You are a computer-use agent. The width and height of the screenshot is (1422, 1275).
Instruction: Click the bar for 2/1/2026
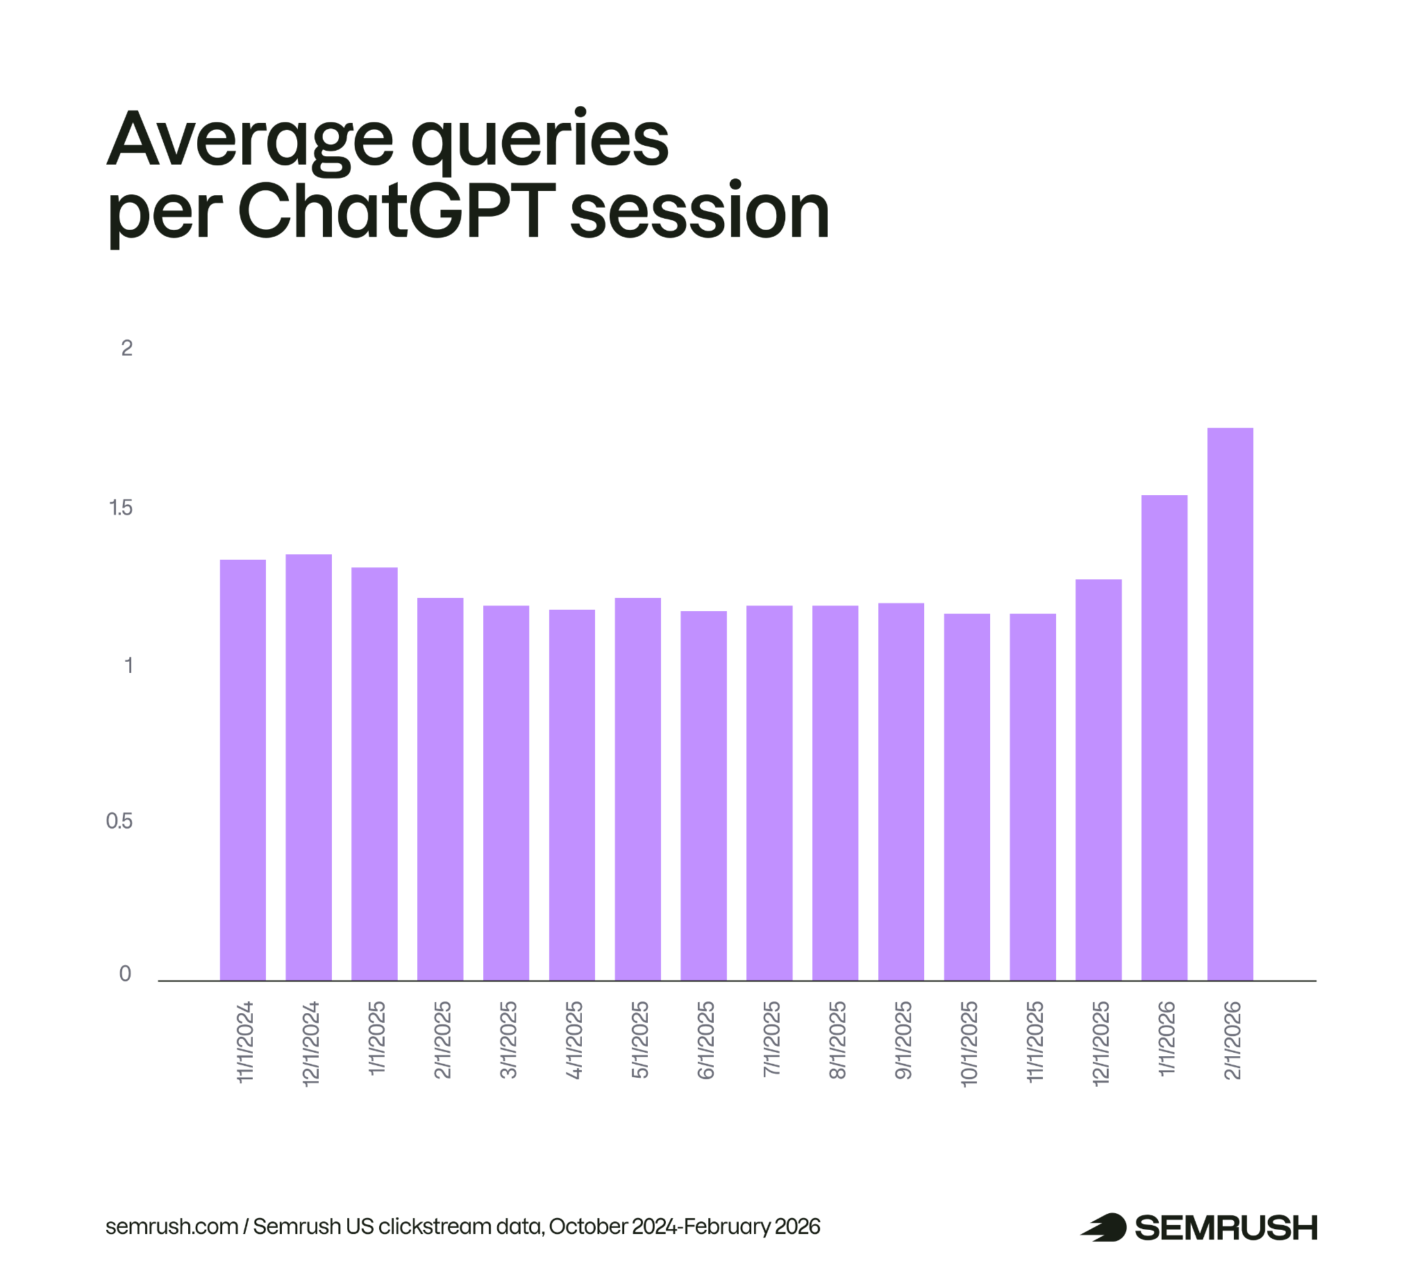[1230, 704]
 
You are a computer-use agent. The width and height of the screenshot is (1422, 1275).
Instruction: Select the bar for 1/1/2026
[1164, 737]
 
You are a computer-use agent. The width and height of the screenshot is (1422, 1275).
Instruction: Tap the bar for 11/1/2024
[242, 770]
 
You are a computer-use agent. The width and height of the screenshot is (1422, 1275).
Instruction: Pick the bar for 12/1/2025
[1098, 780]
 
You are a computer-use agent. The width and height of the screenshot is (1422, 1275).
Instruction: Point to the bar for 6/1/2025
[703, 795]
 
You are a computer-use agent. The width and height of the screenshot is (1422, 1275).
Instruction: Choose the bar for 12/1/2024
[308, 767]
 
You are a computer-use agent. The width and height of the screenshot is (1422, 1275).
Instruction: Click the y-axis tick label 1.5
[121, 508]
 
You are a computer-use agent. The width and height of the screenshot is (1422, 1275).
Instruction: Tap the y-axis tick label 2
[127, 348]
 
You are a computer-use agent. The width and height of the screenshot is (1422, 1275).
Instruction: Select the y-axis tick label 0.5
[119, 821]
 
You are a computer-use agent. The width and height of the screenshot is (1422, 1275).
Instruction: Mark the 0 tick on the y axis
[126, 974]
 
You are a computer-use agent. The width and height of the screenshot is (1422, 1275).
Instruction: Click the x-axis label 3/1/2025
[508, 1040]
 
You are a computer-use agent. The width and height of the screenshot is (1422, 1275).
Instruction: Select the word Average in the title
[250, 140]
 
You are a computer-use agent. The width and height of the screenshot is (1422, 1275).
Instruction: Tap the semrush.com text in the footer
[172, 1226]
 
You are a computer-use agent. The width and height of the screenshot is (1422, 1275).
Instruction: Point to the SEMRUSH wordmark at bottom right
[1226, 1228]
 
